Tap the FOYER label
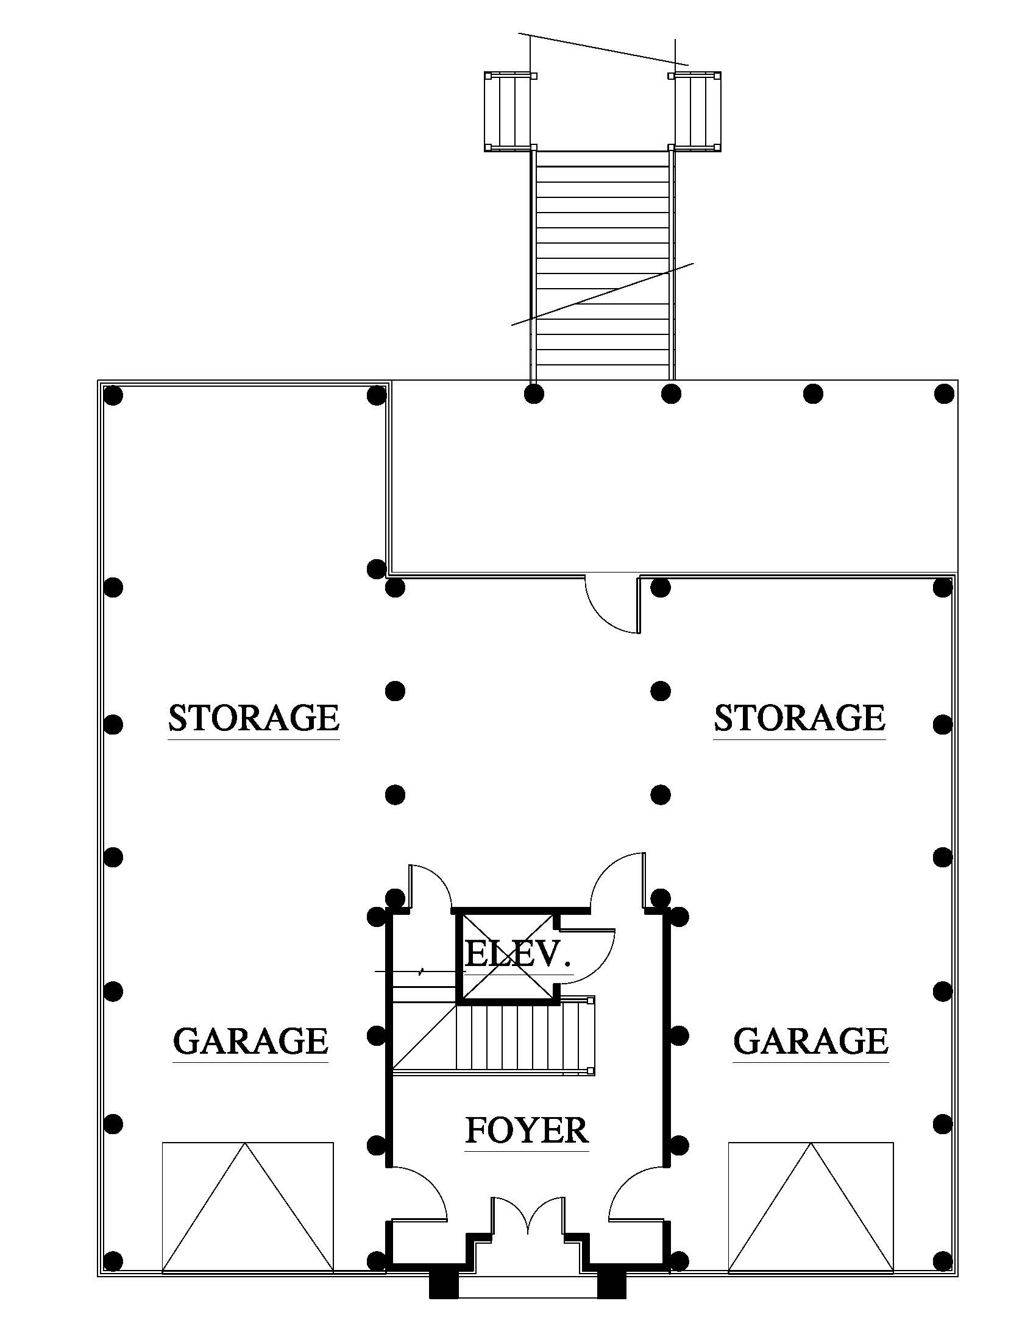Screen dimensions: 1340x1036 (x=527, y=1130)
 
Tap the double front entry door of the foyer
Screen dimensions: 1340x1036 (x=527, y=1211)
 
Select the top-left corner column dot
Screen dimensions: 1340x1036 (x=113, y=395)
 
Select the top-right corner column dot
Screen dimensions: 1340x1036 (x=944, y=393)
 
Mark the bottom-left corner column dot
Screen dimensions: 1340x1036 (x=113, y=1261)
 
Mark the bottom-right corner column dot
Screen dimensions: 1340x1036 (x=943, y=1261)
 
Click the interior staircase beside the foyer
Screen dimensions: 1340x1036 (x=522, y=1037)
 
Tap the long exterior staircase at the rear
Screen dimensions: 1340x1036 (x=603, y=264)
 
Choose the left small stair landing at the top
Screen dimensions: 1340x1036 (x=508, y=111)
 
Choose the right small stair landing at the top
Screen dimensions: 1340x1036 (x=697, y=111)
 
